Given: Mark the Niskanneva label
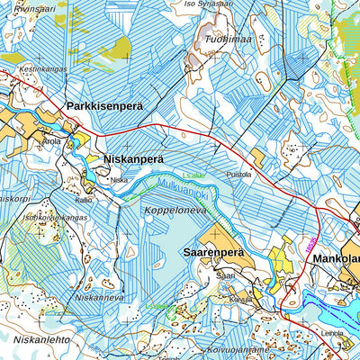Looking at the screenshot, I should click(x=99, y=295).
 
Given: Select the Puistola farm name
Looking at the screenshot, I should click(x=239, y=175).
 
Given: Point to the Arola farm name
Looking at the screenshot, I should click(x=50, y=141).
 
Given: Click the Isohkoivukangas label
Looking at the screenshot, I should click(x=55, y=217).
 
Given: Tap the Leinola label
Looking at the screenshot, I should click(x=333, y=333).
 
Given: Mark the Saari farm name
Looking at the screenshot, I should click(x=225, y=275).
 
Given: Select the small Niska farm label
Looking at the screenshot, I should click(x=119, y=180).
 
